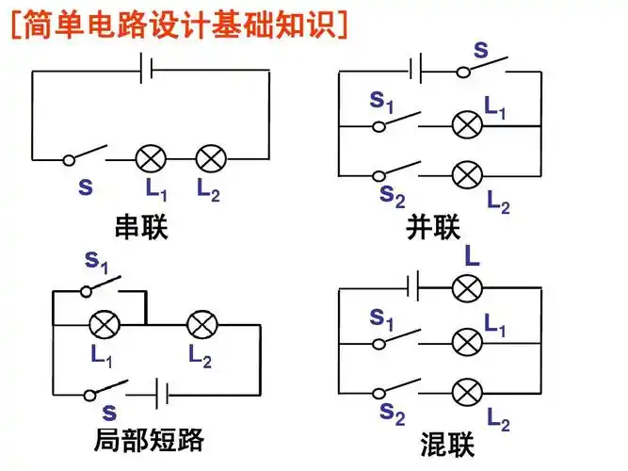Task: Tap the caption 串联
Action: click(x=141, y=227)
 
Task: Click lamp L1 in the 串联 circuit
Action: click(x=152, y=157)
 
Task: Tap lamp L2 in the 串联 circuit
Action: click(x=210, y=157)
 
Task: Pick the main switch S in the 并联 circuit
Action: click(x=480, y=70)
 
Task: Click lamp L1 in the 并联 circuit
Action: click(x=466, y=124)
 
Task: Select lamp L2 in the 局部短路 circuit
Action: click(x=201, y=325)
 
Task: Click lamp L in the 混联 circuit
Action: click(x=467, y=287)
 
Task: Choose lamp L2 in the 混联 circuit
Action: click(x=466, y=392)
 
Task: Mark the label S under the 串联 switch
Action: click(x=86, y=187)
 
